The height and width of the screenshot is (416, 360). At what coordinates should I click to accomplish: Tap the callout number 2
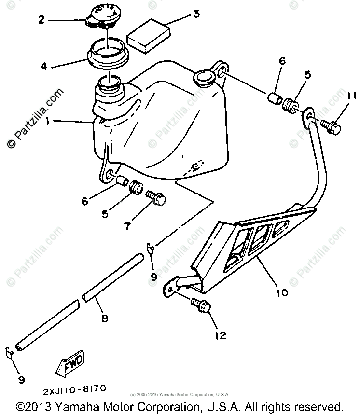pos(42,20)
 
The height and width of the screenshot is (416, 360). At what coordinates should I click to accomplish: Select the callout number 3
pos(196,14)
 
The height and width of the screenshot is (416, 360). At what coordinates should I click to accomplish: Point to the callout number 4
pos(44,66)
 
